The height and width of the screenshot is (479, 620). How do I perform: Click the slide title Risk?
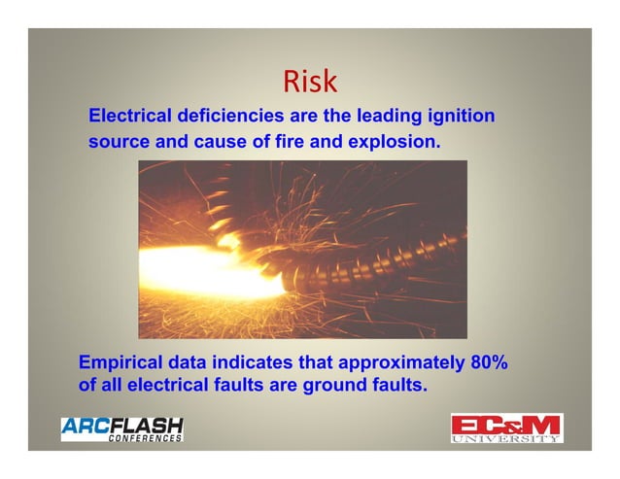click(x=309, y=82)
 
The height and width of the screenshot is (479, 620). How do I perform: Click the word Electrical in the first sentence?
click(x=131, y=116)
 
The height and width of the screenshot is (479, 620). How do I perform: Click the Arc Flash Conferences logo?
click(x=121, y=428)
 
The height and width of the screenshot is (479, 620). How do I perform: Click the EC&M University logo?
click(x=505, y=428)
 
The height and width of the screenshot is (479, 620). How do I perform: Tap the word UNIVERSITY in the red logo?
click(x=505, y=439)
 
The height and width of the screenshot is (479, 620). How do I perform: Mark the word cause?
click(x=215, y=142)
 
